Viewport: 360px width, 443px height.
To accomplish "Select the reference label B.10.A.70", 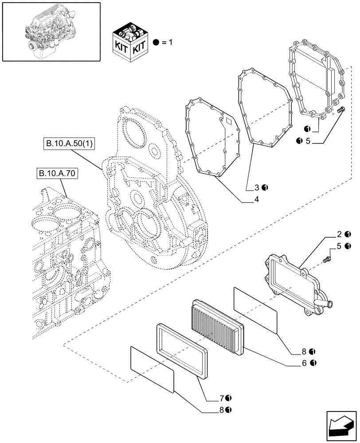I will [x=55, y=174].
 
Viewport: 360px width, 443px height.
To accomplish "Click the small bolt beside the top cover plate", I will [x=340, y=109].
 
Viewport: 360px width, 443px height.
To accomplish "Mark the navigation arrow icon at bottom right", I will [x=341, y=426].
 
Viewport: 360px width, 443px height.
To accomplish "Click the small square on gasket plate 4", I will [x=229, y=120].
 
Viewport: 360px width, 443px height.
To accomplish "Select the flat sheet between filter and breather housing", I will [x=255, y=309].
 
